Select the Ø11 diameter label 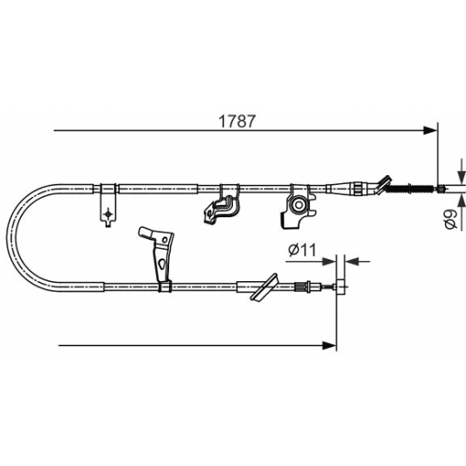(x=300, y=250)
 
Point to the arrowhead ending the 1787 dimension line (x=431, y=131)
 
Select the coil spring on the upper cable (x=411, y=187)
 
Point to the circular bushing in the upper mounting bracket (x=300, y=207)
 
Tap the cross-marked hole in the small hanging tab (x=107, y=212)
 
